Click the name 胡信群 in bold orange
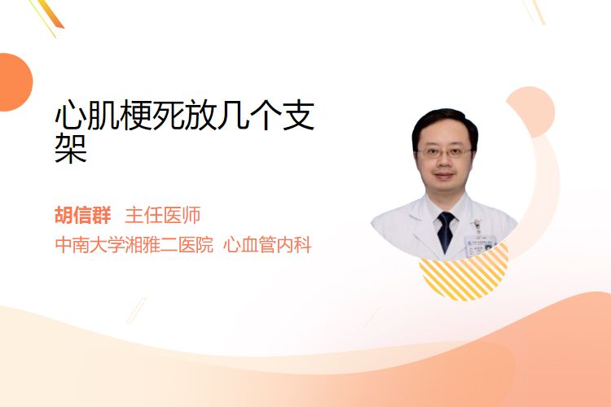pyautogui.click(x=83, y=215)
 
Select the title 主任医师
pyautogui.click(x=162, y=215)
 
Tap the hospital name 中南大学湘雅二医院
pyautogui.click(x=134, y=245)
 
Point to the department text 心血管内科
pyautogui.click(x=267, y=245)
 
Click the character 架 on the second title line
pyautogui.click(x=71, y=148)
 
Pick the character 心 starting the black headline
pyautogui.click(x=71, y=116)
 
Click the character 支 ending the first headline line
pyautogui.click(x=298, y=116)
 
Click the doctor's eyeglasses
pyautogui.click(x=444, y=153)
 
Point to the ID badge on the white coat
pyautogui.click(x=480, y=243)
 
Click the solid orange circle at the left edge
pyautogui.click(x=15, y=82)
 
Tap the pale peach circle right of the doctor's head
pyautogui.click(x=531, y=112)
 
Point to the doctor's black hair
pyautogui.click(x=445, y=125)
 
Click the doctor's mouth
pyautogui.click(x=444, y=175)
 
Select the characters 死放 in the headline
pyautogui.click(x=185, y=116)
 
